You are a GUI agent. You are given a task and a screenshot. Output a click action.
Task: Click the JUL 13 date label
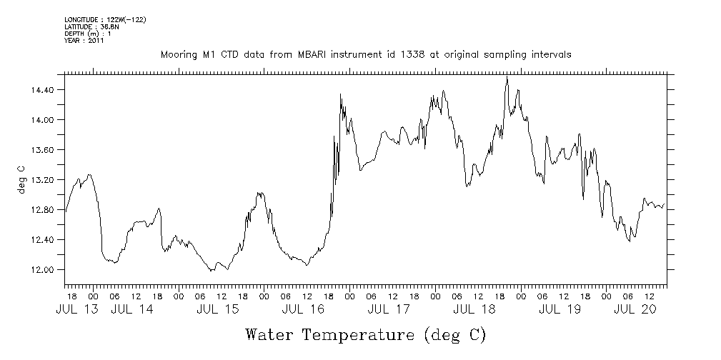point(73,309)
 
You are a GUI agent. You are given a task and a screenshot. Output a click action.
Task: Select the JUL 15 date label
point(217,309)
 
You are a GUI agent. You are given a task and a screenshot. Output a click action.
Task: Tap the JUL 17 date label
point(389,309)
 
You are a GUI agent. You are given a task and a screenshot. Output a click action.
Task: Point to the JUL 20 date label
point(635,309)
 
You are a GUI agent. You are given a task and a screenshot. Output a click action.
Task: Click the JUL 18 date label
point(474,309)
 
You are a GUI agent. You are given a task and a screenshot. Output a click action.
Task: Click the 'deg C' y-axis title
point(22,180)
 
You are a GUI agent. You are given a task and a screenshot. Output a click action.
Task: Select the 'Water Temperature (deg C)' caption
point(366,334)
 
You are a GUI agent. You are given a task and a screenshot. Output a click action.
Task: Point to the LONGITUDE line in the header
point(105,19)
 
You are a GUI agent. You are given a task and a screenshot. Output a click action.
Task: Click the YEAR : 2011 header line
point(84,41)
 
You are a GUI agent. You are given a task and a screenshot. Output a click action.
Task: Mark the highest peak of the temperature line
point(507,78)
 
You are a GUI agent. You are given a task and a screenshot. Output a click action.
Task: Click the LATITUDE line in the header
point(91,26)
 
